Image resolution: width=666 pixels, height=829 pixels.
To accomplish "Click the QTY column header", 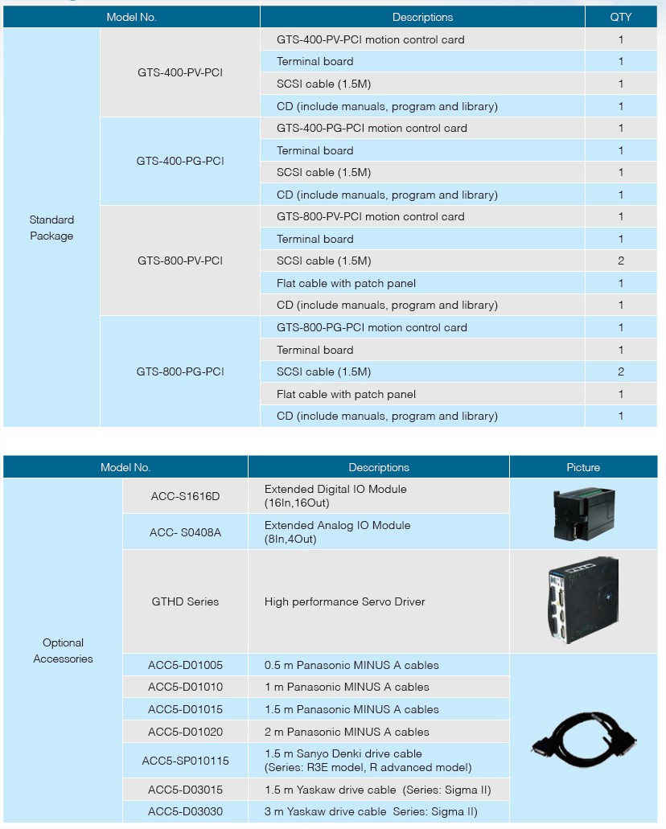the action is click(x=620, y=17).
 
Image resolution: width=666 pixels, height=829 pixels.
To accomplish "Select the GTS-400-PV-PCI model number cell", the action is click(x=180, y=72).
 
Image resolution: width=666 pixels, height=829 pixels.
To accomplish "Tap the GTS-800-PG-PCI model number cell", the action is click(x=180, y=371).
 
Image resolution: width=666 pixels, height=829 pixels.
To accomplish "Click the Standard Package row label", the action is click(x=51, y=228).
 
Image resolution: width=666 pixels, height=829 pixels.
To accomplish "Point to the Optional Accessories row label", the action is click(x=63, y=650).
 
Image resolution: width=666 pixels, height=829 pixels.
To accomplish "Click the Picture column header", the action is click(x=583, y=467).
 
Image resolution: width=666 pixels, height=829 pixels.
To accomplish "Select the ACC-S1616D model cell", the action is click(x=185, y=496).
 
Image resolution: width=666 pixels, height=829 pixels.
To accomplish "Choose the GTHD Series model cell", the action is click(x=185, y=601).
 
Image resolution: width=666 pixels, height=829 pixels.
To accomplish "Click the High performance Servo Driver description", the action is click(x=344, y=601).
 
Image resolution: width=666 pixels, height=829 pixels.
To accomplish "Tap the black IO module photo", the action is click(x=583, y=514).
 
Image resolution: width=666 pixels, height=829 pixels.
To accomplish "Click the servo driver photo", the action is click(x=583, y=600).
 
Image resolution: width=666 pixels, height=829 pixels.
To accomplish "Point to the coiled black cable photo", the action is click(x=584, y=739).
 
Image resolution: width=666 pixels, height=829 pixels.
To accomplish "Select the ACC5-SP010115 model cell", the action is click(x=185, y=761).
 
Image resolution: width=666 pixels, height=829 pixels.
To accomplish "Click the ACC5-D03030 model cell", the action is click(x=185, y=811).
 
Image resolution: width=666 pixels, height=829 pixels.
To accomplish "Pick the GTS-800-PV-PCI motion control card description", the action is click(x=370, y=217).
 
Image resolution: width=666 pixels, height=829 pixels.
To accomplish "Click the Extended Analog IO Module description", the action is click(x=338, y=531).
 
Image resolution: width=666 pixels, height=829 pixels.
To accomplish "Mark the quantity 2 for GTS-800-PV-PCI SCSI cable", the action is click(x=620, y=261).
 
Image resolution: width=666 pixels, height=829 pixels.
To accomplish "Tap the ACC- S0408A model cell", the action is click(x=185, y=532).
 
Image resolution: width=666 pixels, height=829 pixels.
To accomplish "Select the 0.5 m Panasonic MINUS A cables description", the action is click(x=351, y=665).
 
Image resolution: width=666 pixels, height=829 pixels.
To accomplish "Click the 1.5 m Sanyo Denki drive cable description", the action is click(x=368, y=761).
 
